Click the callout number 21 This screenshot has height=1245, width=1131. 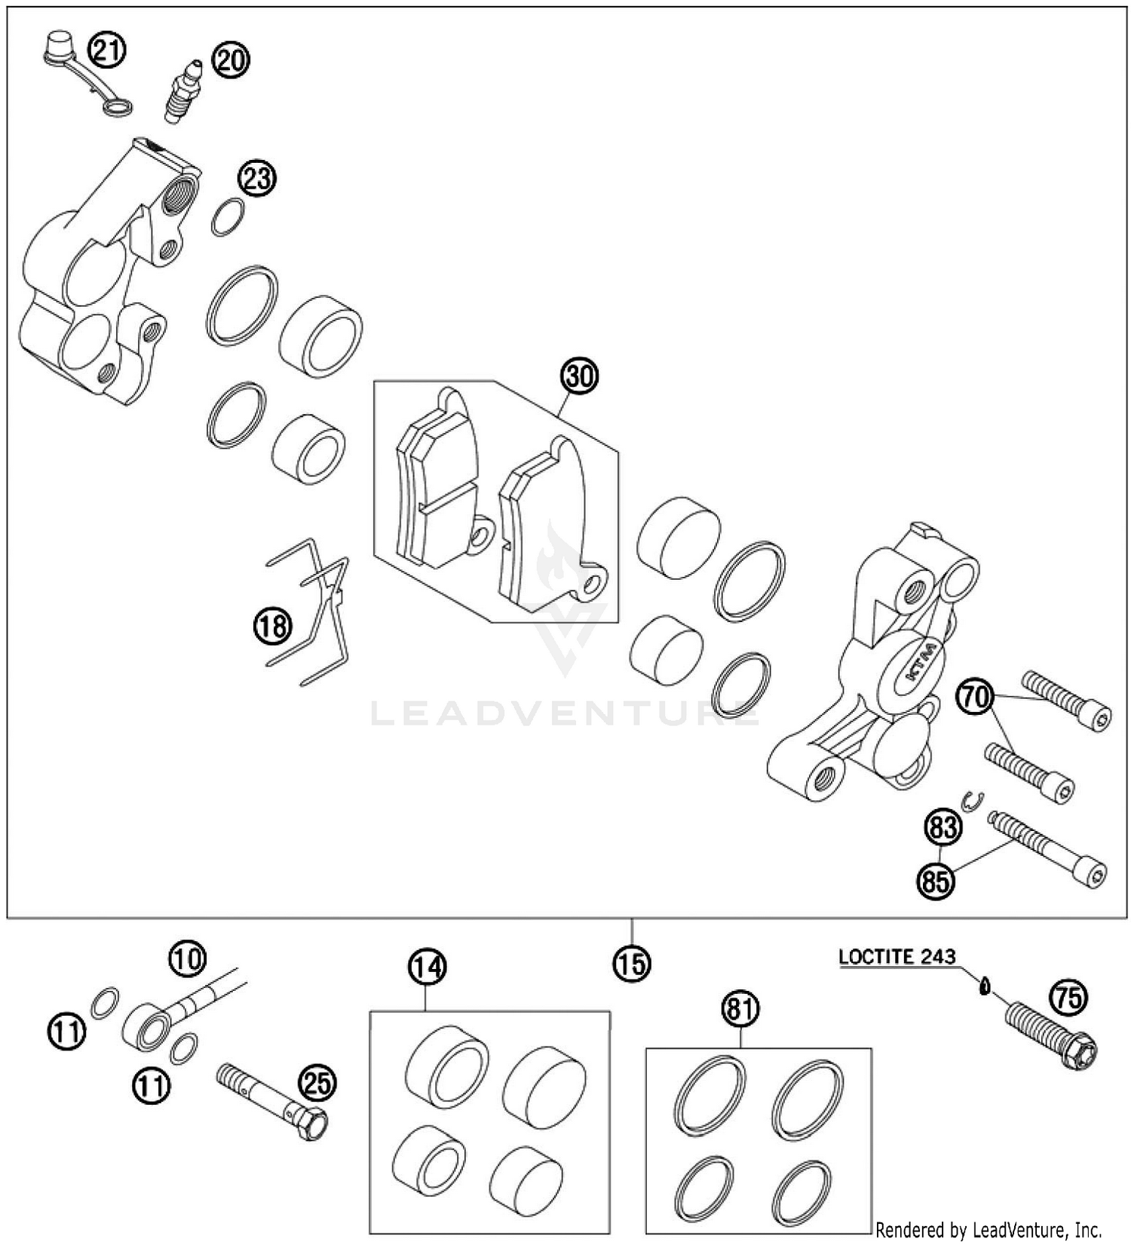[106, 51]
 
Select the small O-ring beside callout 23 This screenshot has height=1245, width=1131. [228, 217]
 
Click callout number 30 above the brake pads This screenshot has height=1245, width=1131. [579, 376]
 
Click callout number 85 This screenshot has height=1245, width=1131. [936, 880]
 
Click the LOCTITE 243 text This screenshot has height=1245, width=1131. [897, 957]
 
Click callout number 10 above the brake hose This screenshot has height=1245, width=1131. [186, 959]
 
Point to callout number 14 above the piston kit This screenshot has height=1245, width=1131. [427, 967]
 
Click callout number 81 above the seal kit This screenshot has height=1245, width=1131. [740, 1008]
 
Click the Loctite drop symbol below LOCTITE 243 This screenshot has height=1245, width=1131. [984, 986]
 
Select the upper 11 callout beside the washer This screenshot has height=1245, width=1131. [67, 1031]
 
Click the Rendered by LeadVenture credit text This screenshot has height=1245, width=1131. [988, 1230]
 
